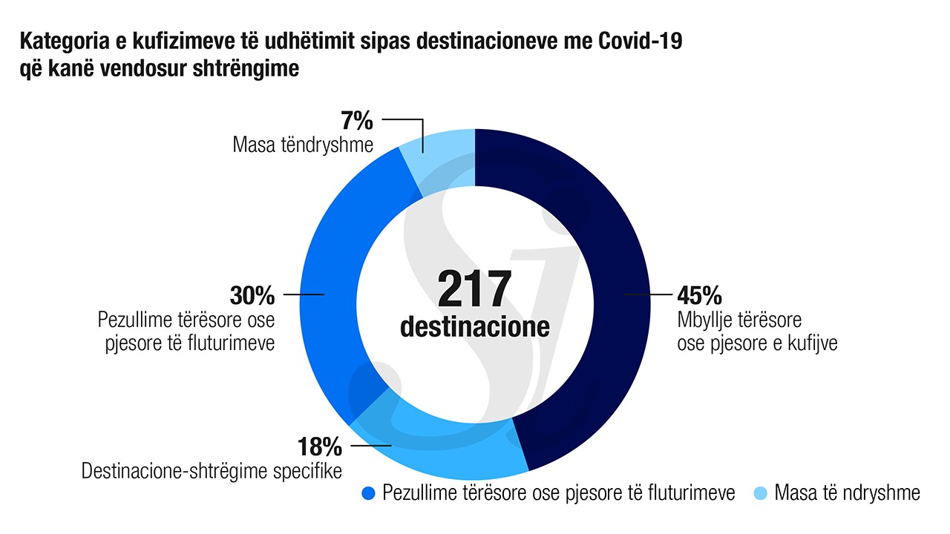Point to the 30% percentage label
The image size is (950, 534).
[x=252, y=295]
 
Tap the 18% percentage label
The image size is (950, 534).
[x=319, y=446]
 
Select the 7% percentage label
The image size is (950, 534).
[x=357, y=120]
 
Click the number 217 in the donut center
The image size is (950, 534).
[x=475, y=289]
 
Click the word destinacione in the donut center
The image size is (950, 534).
[x=475, y=326]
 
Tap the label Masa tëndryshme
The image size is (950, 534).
[x=303, y=144]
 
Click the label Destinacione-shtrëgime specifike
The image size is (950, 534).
[x=212, y=471]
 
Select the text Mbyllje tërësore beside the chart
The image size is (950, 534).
[x=739, y=321]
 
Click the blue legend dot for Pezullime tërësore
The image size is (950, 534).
[x=369, y=493]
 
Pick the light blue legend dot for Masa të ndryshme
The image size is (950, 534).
[x=761, y=493]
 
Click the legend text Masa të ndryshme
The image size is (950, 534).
[x=847, y=493]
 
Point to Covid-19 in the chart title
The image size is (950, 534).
[x=640, y=42]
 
